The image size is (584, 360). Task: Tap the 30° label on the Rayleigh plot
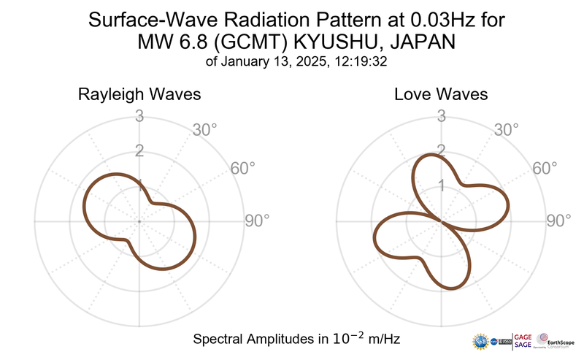pyautogui.click(x=205, y=131)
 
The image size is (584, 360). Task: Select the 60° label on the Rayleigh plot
pyautogui.click(x=243, y=168)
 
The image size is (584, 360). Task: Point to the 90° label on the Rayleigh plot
pyautogui.click(x=257, y=221)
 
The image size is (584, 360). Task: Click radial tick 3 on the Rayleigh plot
pyautogui.click(x=139, y=115)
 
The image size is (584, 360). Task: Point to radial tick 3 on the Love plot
pyautogui.click(x=442, y=115)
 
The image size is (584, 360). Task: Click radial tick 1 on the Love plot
pyautogui.click(x=442, y=185)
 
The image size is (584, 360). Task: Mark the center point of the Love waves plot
pyautogui.click(x=442, y=221)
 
